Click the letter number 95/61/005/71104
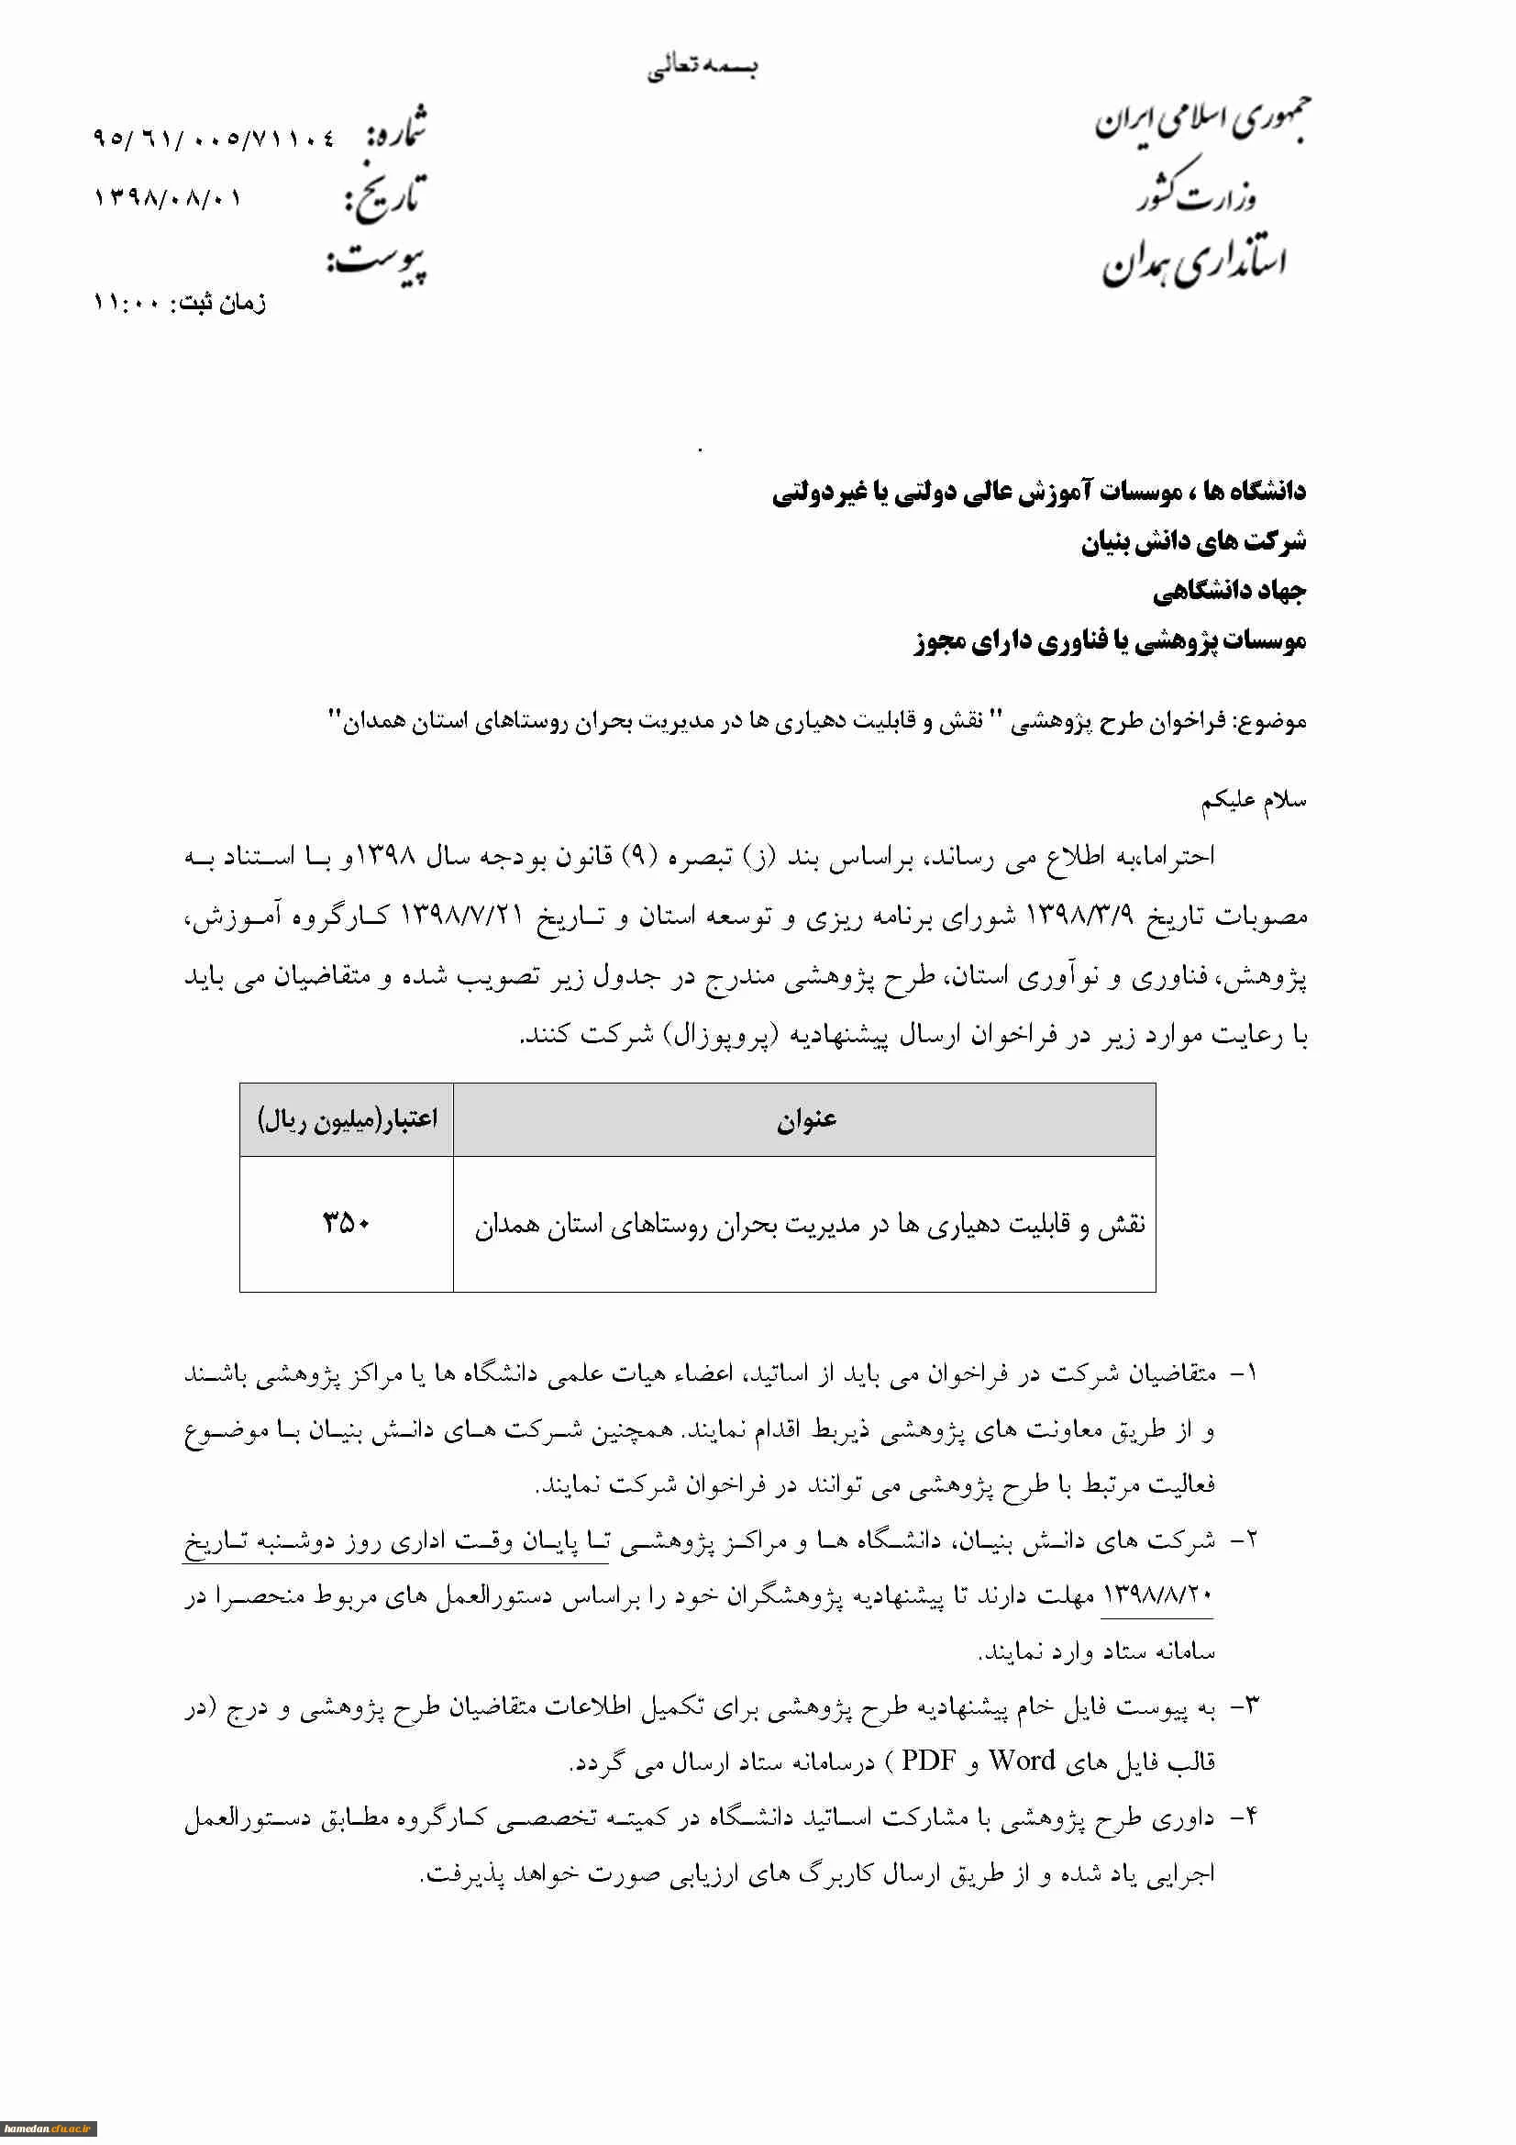coord(214,139)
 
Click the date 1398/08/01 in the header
coord(168,199)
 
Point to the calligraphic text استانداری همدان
coord(1195,262)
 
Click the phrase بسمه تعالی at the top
coord(703,67)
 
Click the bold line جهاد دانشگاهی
coord(1228,592)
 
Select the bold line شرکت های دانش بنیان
coord(1193,542)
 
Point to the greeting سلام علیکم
coord(1253,802)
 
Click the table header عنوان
coord(805,1119)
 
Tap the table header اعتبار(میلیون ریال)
coord(347,1119)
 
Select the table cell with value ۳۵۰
coord(347,1222)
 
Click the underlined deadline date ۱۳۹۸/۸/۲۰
coord(1157,1594)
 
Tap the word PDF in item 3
coord(928,1761)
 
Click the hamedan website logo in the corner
coord(49,2128)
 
